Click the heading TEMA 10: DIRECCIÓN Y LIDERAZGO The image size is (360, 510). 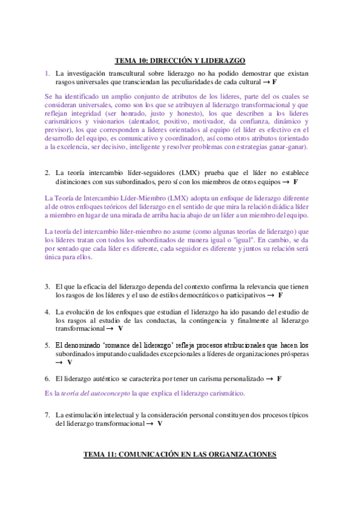pyautogui.click(x=180, y=60)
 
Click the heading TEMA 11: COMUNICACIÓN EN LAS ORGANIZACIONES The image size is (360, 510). pyautogui.click(x=180, y=455)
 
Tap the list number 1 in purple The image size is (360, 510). pyautogui.click(x=47, y=73)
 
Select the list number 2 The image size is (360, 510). pyautogui.click(x=47, y=173)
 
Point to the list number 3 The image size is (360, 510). pyautogui.click(x=47, y=287)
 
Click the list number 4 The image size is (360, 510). pyautogui.click(x=47, y=312)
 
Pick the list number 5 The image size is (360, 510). pyautogui.click(x=47, y=345)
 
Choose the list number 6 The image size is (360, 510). pyautogui.click(x=47, y=379)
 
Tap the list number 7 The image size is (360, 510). pyautogui.click(x=47, y=415)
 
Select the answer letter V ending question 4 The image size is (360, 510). pyautogui.click(x=120, y=329)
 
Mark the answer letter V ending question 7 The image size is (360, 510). pyautogui.click(x=160, y=423)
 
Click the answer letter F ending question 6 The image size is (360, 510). pyautogui.click(x=279, y=379)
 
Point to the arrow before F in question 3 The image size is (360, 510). pyautogui.click(x=271, y=295)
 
